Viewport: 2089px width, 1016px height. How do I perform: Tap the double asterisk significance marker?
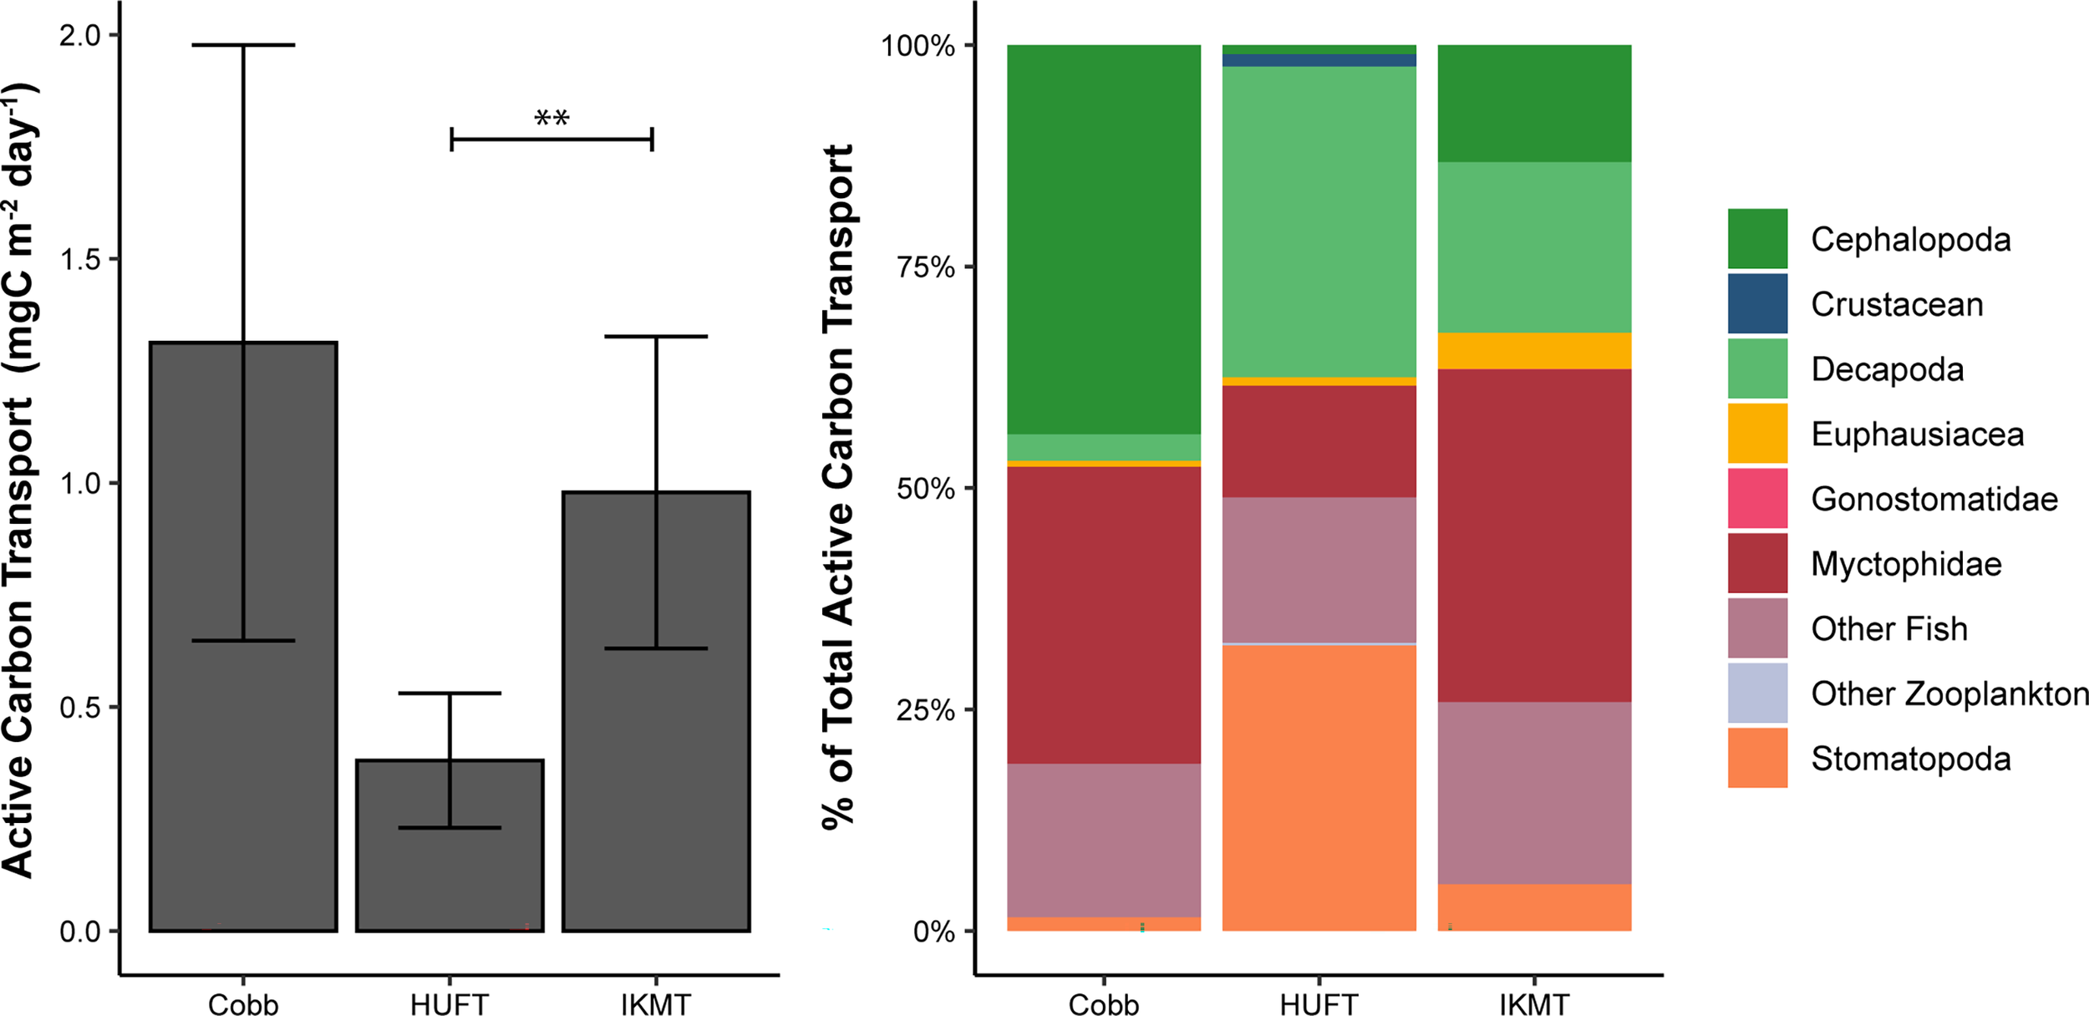point(551,118)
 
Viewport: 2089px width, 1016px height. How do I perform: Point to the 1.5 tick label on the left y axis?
point(79,260)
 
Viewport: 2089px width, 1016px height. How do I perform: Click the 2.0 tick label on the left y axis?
point(79,36)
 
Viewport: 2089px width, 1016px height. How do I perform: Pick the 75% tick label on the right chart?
point(925,267)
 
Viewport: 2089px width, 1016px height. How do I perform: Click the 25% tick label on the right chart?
point(925,710)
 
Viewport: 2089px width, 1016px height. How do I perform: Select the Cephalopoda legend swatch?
point(1757,239)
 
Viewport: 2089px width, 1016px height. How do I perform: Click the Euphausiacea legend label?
point(1917,434)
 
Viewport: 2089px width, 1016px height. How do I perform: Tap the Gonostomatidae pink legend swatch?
point(1757,498)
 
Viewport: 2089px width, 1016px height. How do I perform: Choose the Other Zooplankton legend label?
point(1949,693)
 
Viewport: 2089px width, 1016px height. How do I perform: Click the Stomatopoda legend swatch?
point(1757,758)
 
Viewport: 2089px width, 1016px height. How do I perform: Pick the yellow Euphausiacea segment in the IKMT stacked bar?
point(1534,351)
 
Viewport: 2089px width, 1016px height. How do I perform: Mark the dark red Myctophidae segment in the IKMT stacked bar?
point(1534,535)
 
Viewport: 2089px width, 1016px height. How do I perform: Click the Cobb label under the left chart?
point(243,1003)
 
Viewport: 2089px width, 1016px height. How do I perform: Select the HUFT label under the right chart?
point(1319,1003)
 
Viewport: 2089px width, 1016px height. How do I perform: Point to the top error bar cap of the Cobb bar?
point(243,45)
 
